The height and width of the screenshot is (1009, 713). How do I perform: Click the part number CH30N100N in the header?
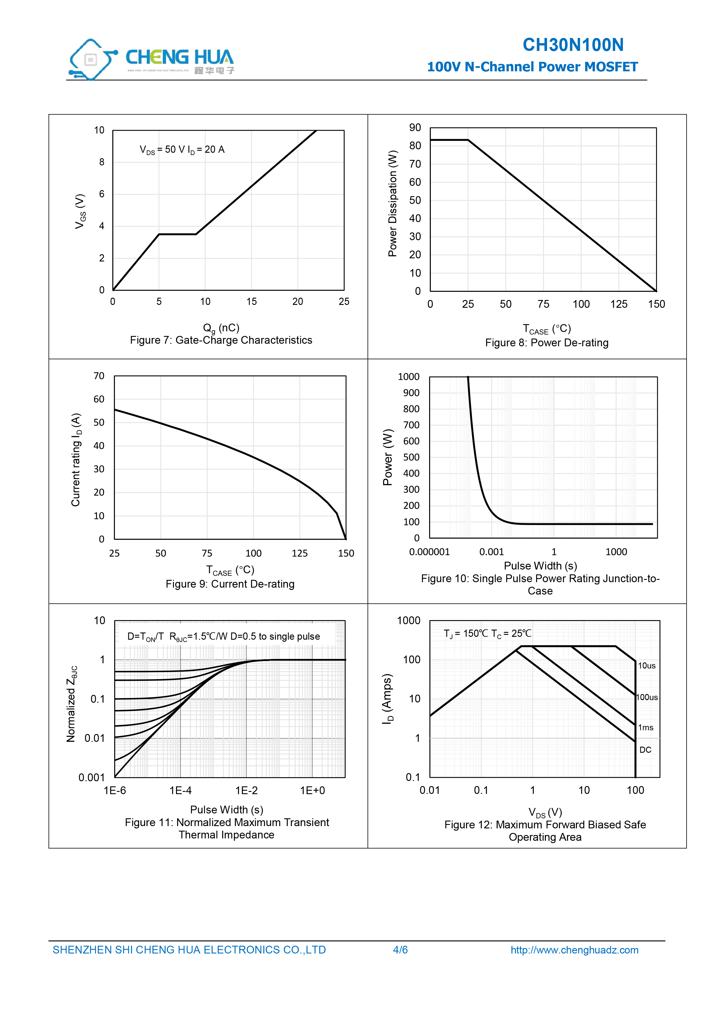tap(573, 45)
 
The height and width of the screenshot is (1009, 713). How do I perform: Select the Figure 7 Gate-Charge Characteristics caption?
tap(221, 340)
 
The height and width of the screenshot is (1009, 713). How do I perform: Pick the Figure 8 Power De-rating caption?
tap(547, 343)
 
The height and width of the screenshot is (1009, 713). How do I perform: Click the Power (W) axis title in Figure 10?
tap(387, 457)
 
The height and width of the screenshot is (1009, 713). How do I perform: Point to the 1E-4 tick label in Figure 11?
tap(181, 791)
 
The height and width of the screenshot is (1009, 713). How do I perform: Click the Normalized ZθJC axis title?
tap(72, 704)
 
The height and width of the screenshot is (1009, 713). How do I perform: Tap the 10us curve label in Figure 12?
tap(647, 666)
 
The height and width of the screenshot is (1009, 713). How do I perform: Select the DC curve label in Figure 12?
tap(645, 750)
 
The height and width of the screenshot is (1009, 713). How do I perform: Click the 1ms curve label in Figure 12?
tap(646, 728)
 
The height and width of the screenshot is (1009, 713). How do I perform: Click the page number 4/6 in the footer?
tap(400, 950)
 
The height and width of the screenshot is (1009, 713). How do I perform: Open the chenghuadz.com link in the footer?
tap(574, 950)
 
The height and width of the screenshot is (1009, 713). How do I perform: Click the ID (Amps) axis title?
tap(387, 699)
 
